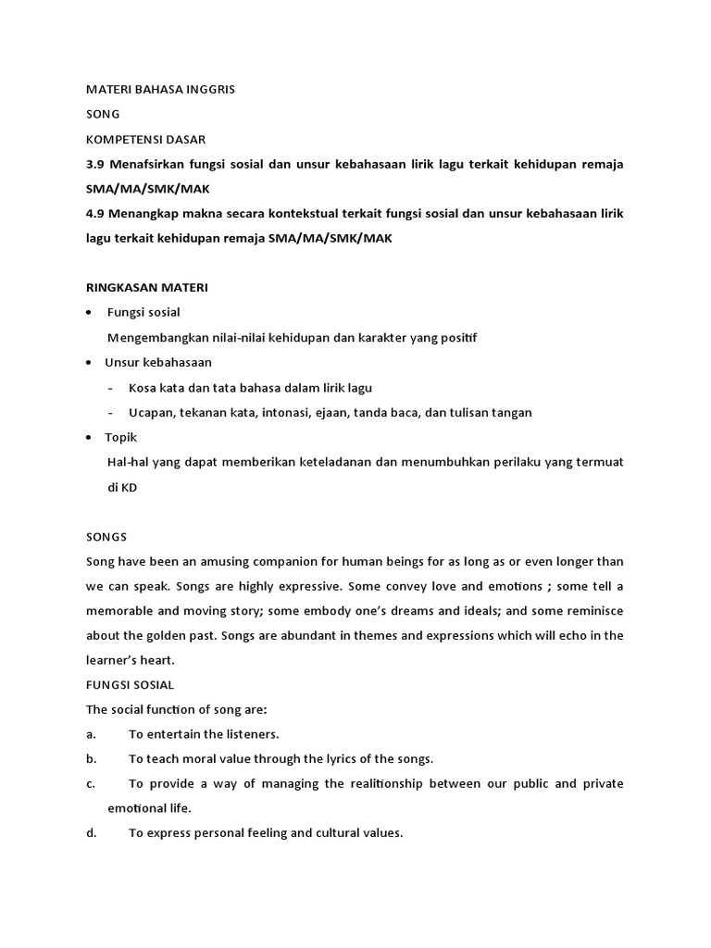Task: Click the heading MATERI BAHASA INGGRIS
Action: pyautogui.click(x=167, y=91)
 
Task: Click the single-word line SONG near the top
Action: pyautogui.click(x=104, y=116)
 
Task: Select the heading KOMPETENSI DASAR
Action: pyautogui.click(x=145, y=140)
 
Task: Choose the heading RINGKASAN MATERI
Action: pyautogui.click(x=147, y=288)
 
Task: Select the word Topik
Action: pyautogui.click(x=120, y=438)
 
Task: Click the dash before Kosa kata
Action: pyautogui.click(x=111, y=388)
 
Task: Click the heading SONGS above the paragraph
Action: pyautogui.click(x=106, y=536)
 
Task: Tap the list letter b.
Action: pyautogui.click(x=91, y=759)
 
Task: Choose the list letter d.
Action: pyautogui.click(x=91, y=833)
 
